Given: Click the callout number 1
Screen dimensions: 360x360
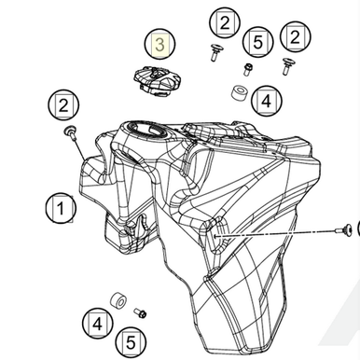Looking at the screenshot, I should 62,207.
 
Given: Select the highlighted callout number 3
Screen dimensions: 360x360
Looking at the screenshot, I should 160,44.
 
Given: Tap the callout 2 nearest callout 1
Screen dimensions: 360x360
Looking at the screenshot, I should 64,104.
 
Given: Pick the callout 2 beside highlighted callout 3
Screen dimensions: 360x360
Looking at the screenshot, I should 224,21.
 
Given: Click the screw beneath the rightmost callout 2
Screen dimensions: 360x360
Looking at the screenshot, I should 288,65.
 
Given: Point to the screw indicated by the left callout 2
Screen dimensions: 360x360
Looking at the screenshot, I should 71,135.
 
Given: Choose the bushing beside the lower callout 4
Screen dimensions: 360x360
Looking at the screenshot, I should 119,301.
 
